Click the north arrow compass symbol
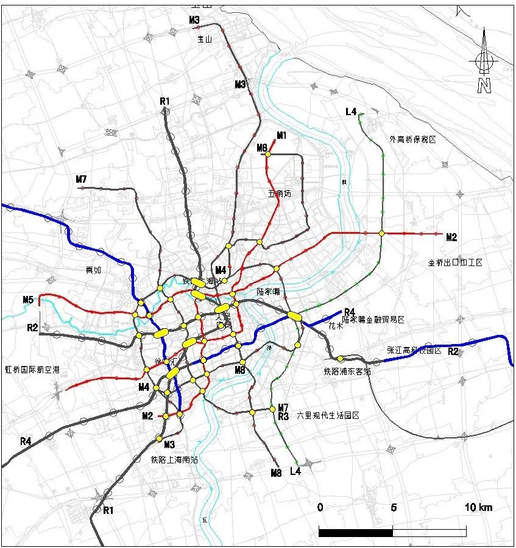pyautogui.click(x=484, y=61)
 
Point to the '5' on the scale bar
pyautogui.click(x=394, y=507)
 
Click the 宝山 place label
pyautogui.click(x=203, y=39)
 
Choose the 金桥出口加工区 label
pyautogui.click(x=455, y=262)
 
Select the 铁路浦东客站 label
pyautogui.click(x=347, y=370)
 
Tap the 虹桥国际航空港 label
pyautogui.click(x=32, y=370)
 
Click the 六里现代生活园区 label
pyautogui.click(x=328, y=415)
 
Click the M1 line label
pyautogui.click(x=281, y=135)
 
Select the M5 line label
pyautogui.click(x=28, y=300)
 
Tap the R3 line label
pyautogui.click(x=283, y=416)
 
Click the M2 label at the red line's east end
pyautogui.click(x=451, y=237)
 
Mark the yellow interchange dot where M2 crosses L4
pyautogui.click(x=381, y=233)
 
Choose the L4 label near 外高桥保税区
pyautogui.click(x=351, y=111)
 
